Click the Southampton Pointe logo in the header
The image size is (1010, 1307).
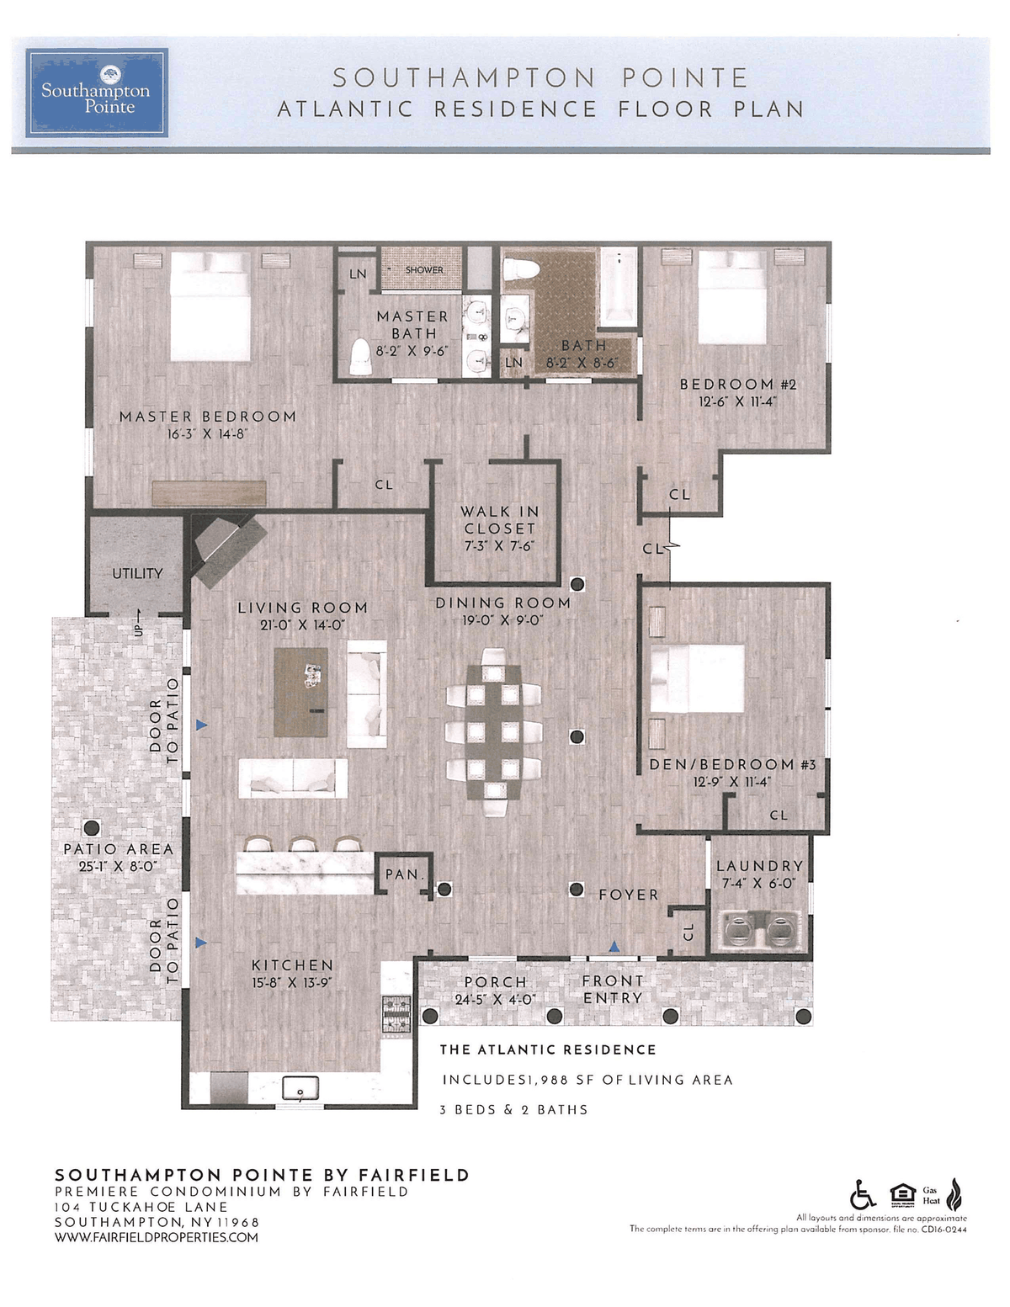pyautogui.click(x=96, y=93)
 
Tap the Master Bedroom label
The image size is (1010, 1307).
pyautogui.click(x=208, y=417)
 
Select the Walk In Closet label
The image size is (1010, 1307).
pyautogui.click(x=499, y=519)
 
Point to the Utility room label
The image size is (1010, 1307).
pyautogui.click(x=137, y=573)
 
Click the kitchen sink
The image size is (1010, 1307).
pyautogui.click(x=300, y=1088)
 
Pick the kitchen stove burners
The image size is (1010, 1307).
pyautogui.click(x=397, y=1015)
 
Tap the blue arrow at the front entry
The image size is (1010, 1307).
pyautogui.click(x=614, y=947)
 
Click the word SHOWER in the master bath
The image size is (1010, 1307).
pyautogui.click(x=424, y=270)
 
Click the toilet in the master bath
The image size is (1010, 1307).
pyautogui.click(x=359, y=358)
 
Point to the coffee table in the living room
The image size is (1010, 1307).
pyautogui.click(x=300, y=692)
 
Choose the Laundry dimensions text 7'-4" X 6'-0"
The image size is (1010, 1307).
pyautogui.click(x=758, y=883)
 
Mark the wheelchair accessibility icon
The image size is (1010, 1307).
pyautogui.click(x=863, y=1194)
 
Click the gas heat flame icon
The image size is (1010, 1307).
pyautogui.click(x=954, y=1194)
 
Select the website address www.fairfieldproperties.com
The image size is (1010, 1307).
pyautogui.click(x=157, y=1237)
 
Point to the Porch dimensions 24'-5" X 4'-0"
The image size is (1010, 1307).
pyautogui.click(x=495, y=999)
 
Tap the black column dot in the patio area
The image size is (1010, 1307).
pyautogui.click(x=92, y=828)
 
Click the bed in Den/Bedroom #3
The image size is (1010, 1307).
pyautogui.click(x=698, y=678)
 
